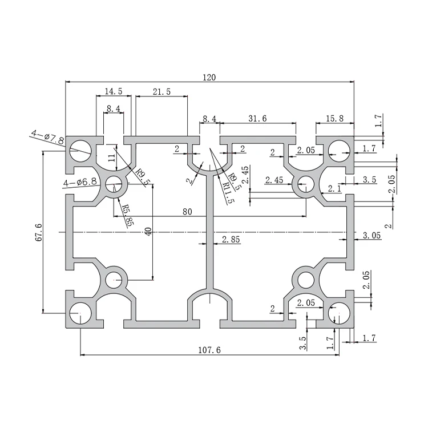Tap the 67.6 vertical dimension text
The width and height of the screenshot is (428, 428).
[x=38, y=232]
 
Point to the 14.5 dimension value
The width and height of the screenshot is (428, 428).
[x=113, y=91]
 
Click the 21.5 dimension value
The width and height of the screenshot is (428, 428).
[x=161, y=91]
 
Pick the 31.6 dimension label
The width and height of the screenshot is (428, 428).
[x=258, y=118]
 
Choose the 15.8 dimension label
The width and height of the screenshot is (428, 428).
[x=334, y=118]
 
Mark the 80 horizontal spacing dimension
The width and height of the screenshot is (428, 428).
[x=187, y=211]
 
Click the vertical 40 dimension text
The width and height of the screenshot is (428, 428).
[x=148, y=233]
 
